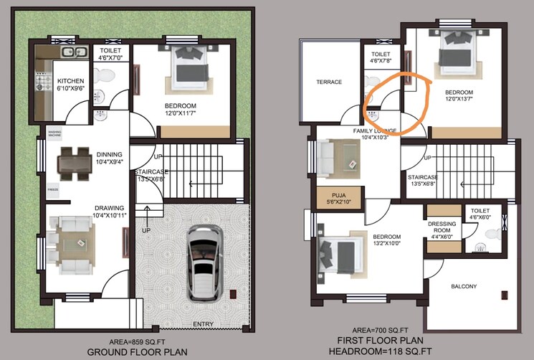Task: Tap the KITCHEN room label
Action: (71, 81)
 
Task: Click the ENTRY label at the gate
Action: (203, 324)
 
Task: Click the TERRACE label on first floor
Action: (330, 82)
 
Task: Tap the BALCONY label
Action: (464, 286)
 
